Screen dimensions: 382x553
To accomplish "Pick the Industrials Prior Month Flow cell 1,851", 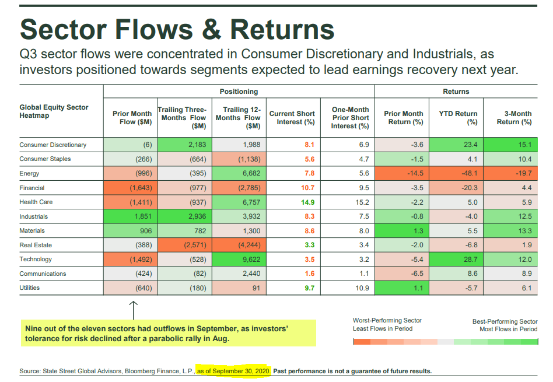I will [x=129, y=216].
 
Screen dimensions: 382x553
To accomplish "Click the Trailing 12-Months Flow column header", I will [x=239, y=118].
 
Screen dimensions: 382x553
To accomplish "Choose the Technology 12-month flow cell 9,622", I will [x=239, y=260].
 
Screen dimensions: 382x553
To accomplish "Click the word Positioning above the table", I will [x=239, y=92].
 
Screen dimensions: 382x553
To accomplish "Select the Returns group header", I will [x=456, y=92].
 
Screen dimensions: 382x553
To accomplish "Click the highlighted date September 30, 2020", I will [x=234, y=371].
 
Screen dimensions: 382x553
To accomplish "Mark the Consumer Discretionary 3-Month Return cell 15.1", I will [x=511, y=145].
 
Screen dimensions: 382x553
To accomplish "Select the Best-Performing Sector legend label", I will [x=505, y=321].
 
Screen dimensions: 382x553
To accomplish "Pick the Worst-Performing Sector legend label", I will [x=387, y=321].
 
